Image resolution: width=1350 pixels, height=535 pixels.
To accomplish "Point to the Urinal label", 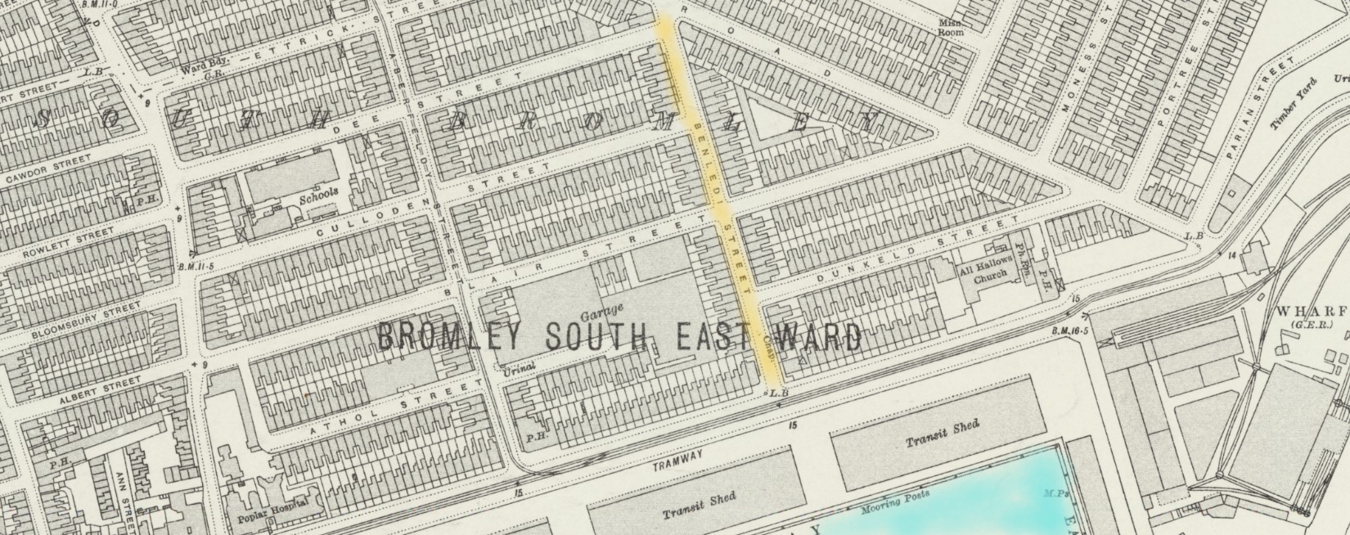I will click(519, 368).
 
